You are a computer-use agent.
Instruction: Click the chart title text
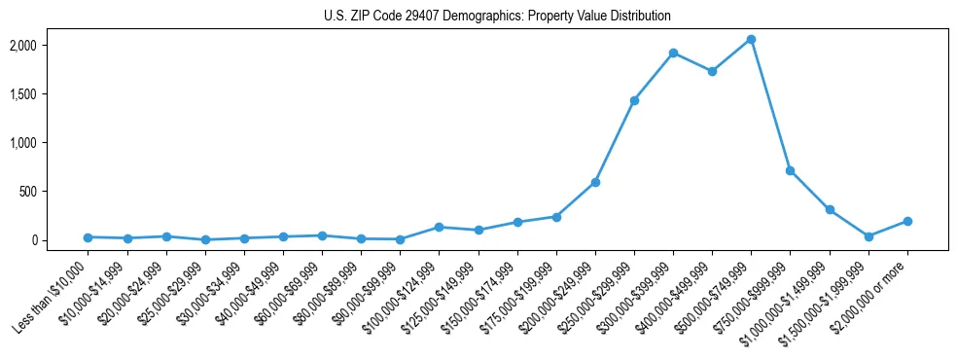(x=497, y=17)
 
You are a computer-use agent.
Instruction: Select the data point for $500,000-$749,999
(x=751, y=39)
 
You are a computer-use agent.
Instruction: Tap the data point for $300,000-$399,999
(x=673, y=53)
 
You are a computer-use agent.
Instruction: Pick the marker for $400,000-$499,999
(x=712, y=71)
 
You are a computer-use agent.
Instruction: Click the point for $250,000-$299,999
(x=634, y=100)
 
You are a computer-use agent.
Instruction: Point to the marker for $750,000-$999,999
(x=790, y=170)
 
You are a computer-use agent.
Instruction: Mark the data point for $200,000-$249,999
(x=595, y=182)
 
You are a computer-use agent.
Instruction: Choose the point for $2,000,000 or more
(x=907, y=221)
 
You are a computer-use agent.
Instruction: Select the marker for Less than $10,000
(x=88, y=236)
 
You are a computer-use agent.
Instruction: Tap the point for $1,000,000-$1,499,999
(x=830, y=209)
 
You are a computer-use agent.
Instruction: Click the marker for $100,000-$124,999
(x=439, y=227)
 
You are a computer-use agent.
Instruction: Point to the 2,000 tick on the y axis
(x=50, y=46)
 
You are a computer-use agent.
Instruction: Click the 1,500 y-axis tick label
(x=50, y=94)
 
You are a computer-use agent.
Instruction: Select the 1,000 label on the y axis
(x=50, y=143)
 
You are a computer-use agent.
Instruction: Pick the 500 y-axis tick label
(x=54, y=192)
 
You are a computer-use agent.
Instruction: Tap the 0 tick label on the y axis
(x=59, y=240)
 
